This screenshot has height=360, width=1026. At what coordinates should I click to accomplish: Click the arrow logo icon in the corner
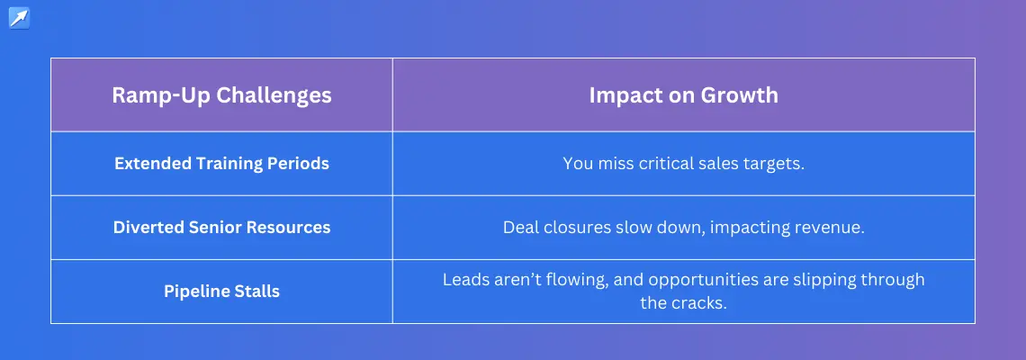tap(19, 18)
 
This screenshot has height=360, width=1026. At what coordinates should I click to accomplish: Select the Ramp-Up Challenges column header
tap(221, 94)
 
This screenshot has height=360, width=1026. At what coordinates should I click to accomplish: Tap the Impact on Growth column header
tap(684, 94)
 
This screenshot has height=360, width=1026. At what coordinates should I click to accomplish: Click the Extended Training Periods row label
tap(221, 163)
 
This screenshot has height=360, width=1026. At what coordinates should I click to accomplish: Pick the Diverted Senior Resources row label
tap(221, 227)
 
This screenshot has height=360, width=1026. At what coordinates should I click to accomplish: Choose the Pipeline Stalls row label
tap(221, 292)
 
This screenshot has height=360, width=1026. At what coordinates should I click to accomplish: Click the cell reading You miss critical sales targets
tap(684, 163)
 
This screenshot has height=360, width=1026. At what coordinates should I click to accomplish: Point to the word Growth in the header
tap(740, 94)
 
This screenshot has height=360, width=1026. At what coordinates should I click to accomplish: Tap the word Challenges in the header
tap(274, 95)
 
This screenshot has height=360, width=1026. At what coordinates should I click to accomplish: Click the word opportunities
tap(712, 280)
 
